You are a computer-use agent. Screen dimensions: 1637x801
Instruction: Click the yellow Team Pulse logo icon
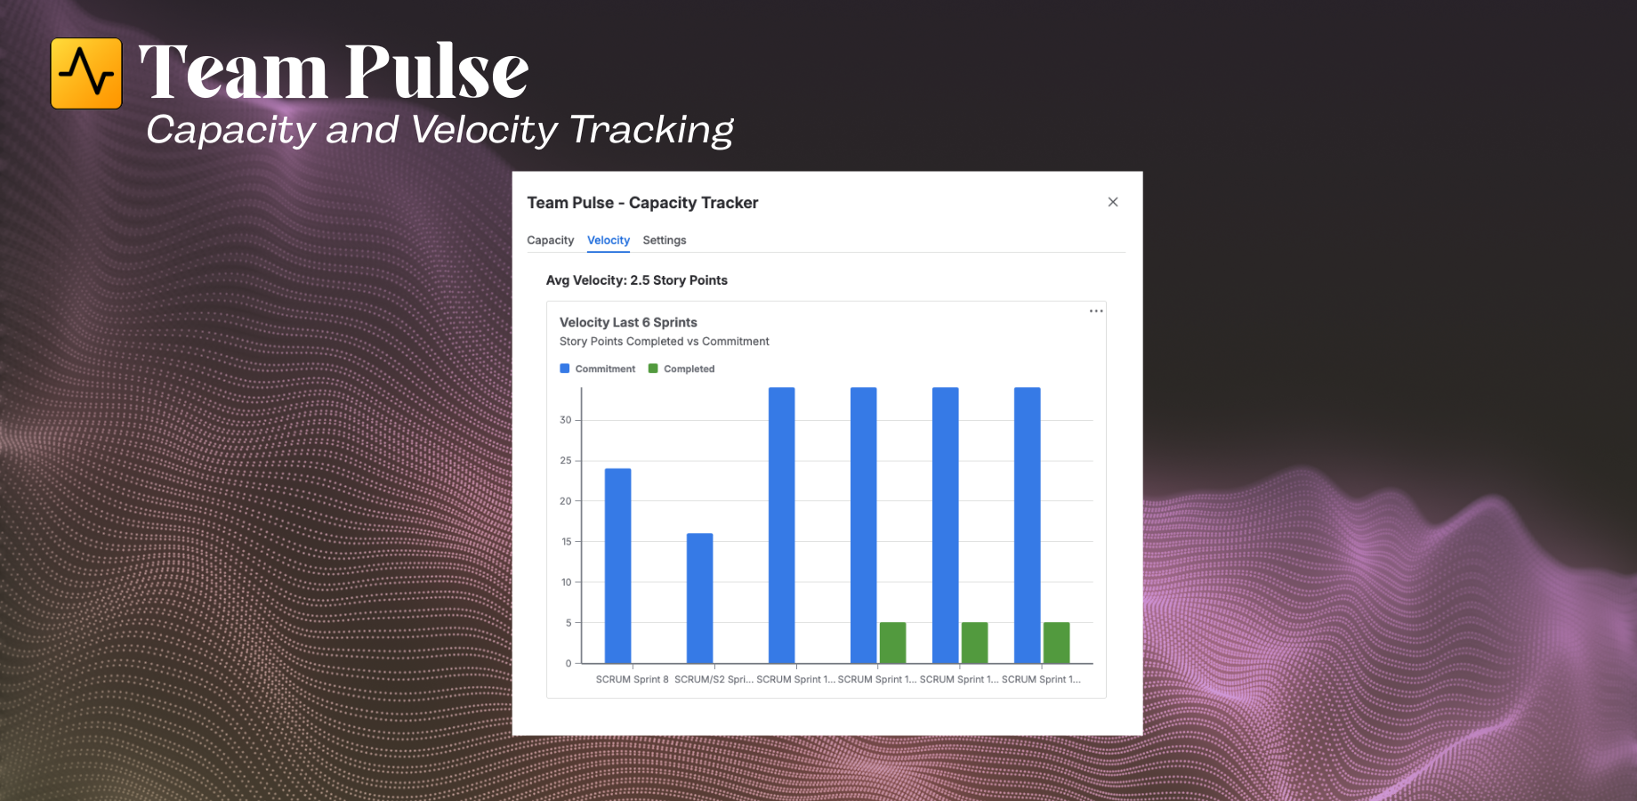(x=86, y=73)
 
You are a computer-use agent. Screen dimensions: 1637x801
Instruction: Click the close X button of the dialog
(x=1113, y=202)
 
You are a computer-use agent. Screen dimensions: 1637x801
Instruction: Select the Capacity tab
(x=551, y=240)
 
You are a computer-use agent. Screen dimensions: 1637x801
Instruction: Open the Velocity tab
(x=609, y=240)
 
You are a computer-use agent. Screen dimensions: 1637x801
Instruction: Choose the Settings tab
(x=665, y=240)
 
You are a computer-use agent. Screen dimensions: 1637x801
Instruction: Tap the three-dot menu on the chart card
(x=1096, y=311)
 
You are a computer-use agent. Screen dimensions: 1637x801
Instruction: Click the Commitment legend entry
(x=598, y=368)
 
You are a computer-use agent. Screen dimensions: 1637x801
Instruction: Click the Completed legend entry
(x=681, y=368)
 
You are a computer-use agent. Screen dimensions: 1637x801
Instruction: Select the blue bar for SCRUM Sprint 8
(x=618, y=566)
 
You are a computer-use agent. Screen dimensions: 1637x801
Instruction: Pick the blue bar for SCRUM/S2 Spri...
(x=700, y=598)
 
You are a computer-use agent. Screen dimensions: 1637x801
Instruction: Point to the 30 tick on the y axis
(x=566, y=420)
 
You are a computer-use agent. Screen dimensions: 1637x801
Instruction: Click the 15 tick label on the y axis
(x=567, y=541)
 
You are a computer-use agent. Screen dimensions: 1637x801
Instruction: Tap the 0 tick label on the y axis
(x=569, y=663)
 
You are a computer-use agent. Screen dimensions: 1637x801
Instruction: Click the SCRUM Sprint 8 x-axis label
(x=633, y=679)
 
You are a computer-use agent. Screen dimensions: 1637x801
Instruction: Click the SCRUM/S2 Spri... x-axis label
(x=714, y=679)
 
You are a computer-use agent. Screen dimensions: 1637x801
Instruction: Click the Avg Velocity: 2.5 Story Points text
(x=637, y=280)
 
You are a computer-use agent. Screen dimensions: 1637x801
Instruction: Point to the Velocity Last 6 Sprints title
(x=628, y=322)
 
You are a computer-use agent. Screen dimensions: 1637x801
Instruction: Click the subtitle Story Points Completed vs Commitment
(x=665, y=342)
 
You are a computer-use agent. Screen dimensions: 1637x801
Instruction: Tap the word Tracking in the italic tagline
(x=652, y=130)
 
